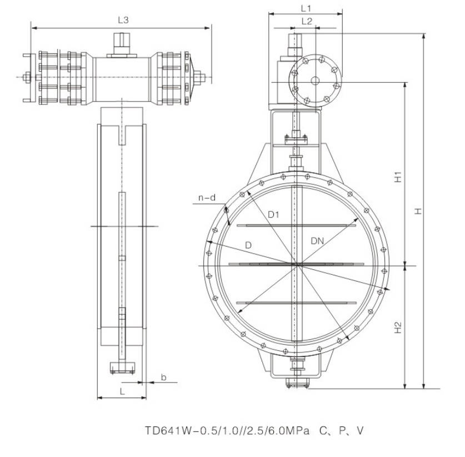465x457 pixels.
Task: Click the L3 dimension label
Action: [x=123, y=20]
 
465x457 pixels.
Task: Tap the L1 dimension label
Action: [x=306, y=8]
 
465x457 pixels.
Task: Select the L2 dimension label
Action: [x=307, y=21]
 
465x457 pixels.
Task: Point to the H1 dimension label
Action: [x=398, y=177]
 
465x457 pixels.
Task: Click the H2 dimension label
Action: [x=398, y=328]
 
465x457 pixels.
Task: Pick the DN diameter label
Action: [x=317, y=241]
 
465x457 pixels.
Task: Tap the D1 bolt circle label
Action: [x=273, y=214]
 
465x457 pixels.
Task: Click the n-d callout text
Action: [x=207, y=197]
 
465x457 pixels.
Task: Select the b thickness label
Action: [x=164, y=377]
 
